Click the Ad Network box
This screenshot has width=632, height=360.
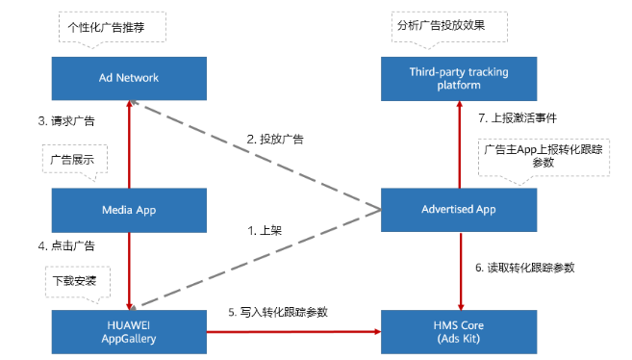pyautogui.click(x=129, y=77)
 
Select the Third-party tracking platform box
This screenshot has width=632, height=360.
pyautogui.click(x=458, y=77)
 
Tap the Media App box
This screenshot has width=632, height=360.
pyautogui.click(x=129, y=208)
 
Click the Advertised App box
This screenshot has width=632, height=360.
pyautogui.click(x=458, y=208)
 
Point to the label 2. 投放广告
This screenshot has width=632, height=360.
pyautogui.click(x=275, y=140)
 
